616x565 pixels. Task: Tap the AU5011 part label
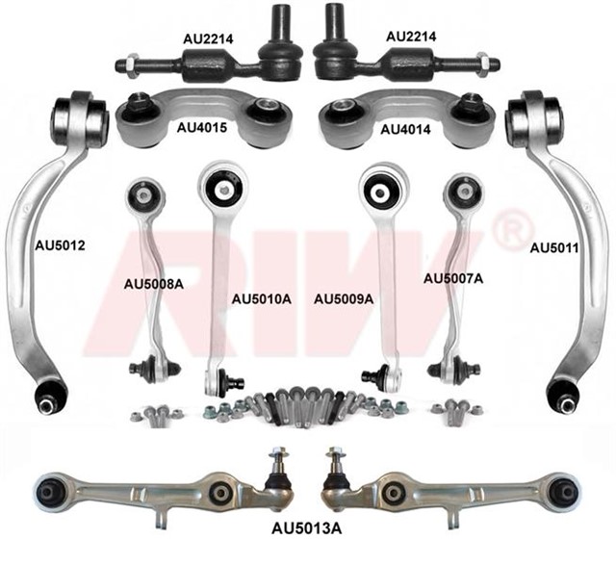(x=553, y=247)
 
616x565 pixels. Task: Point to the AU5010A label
(x=261, y=299)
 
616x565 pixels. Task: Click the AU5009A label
(x=344, y=299)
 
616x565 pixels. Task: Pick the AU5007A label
(x=453, y=277)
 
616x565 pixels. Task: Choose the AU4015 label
(x=201, y=126)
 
